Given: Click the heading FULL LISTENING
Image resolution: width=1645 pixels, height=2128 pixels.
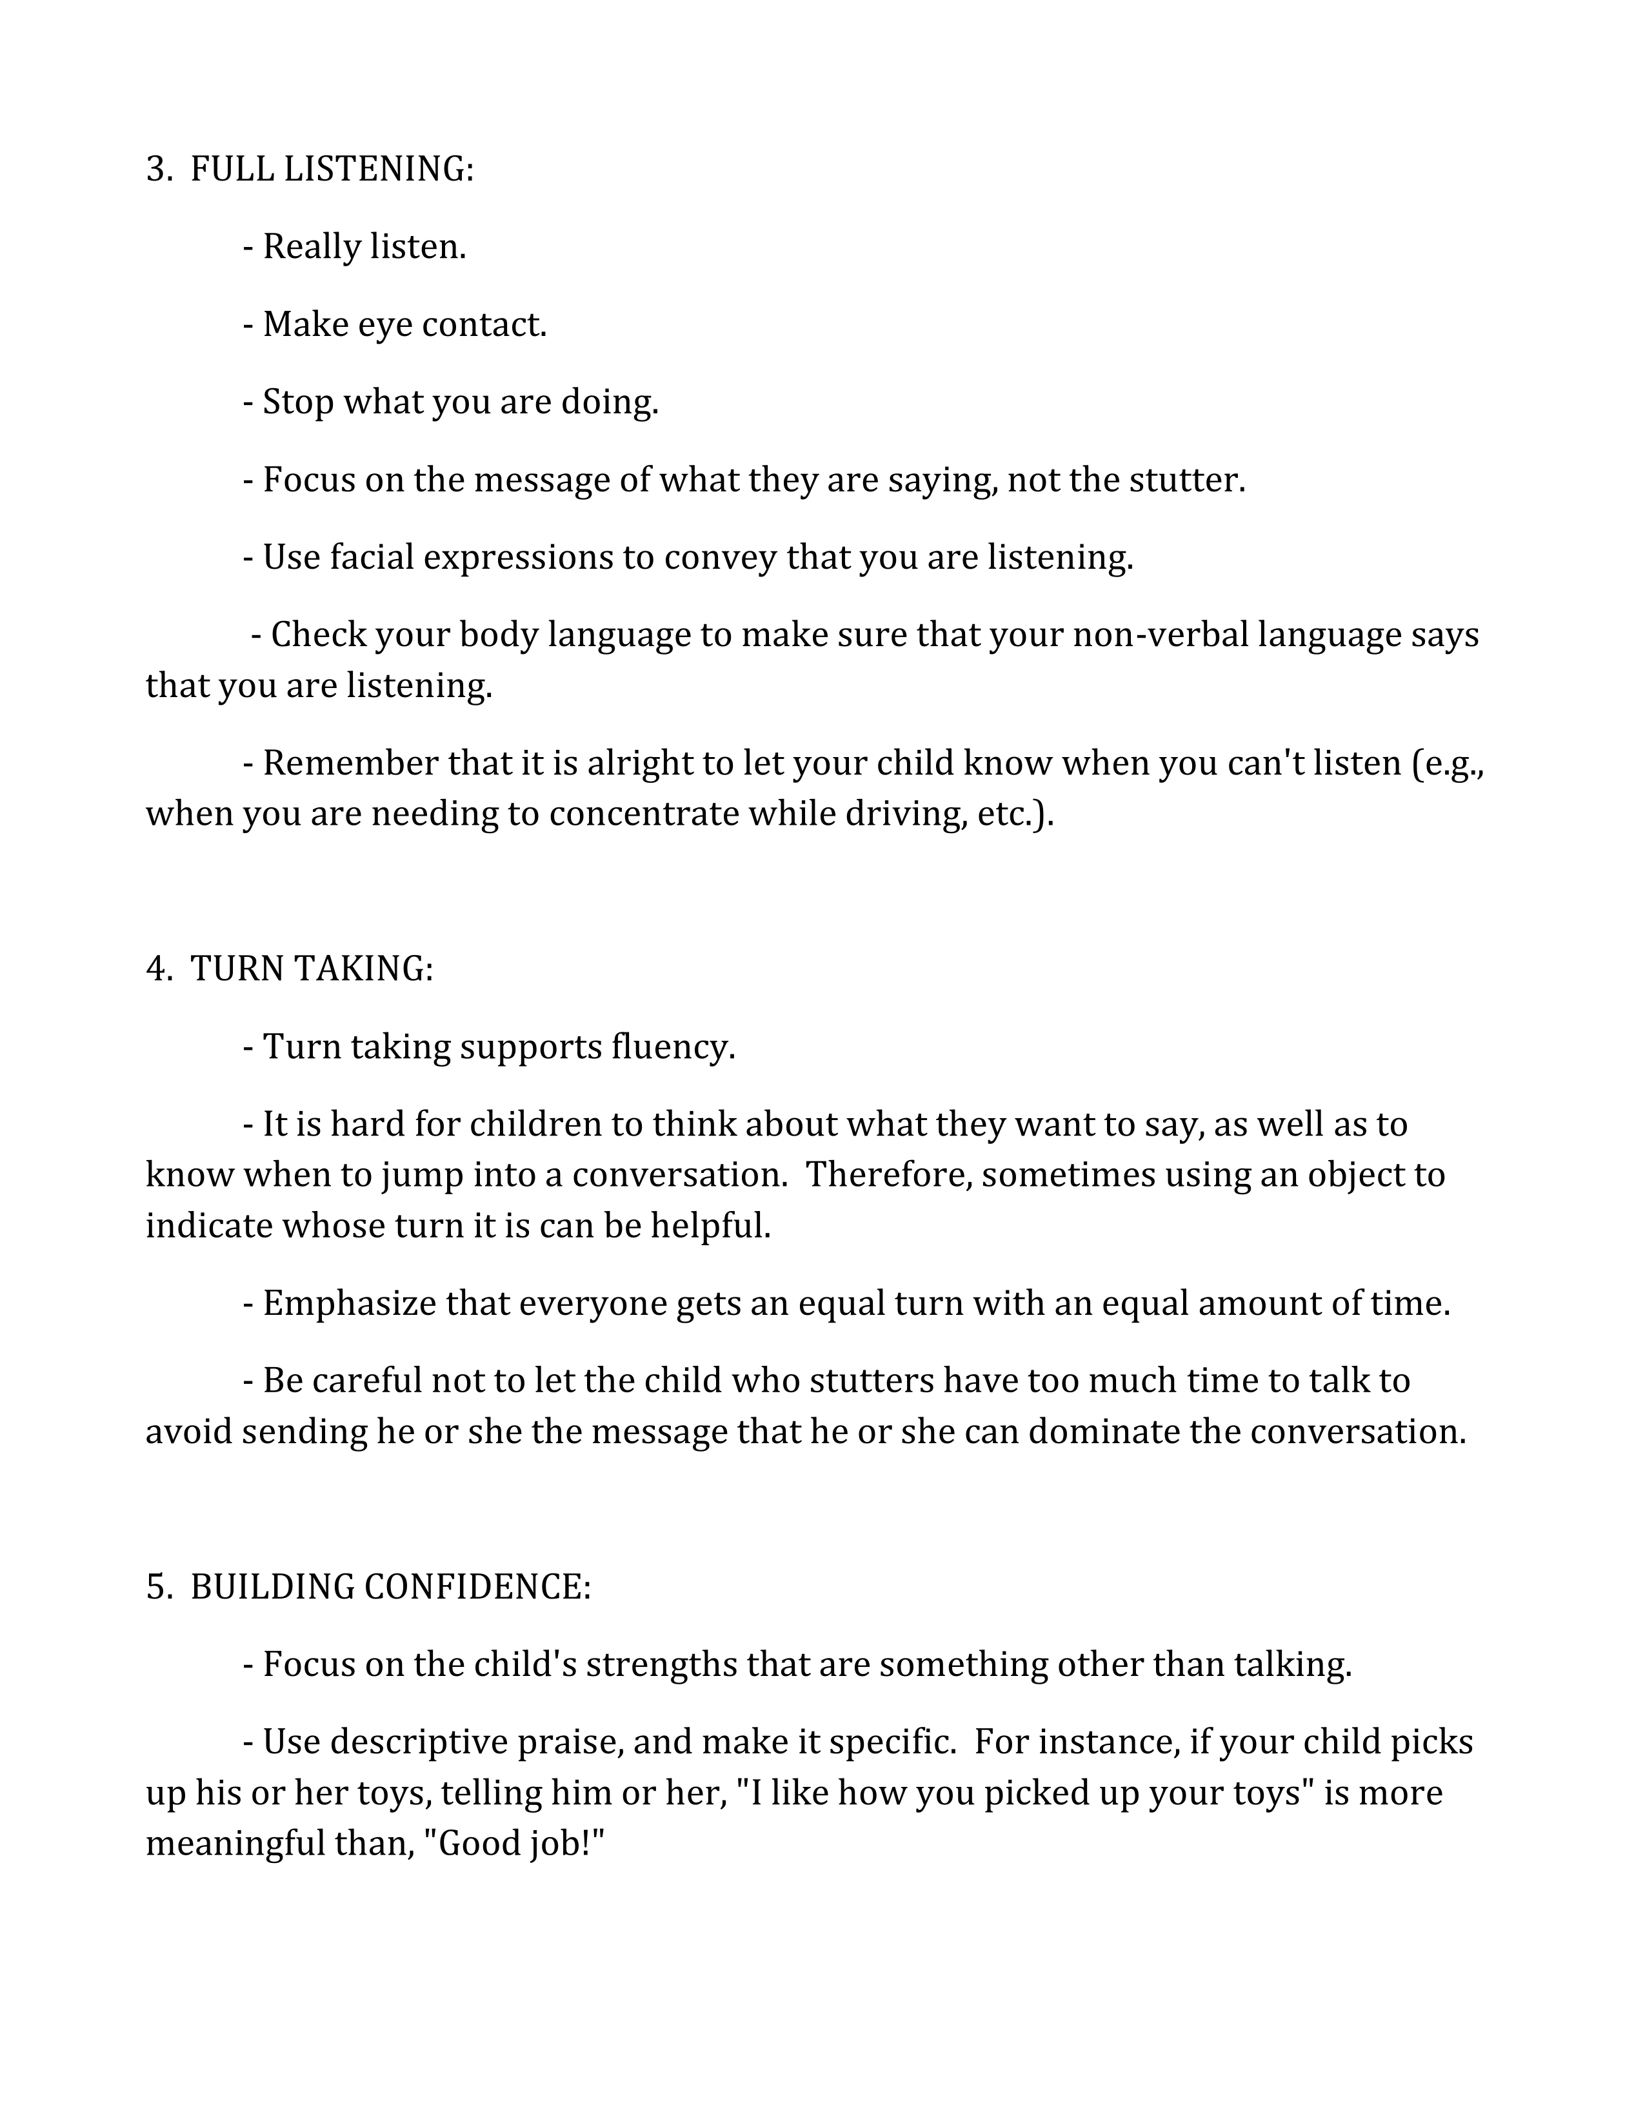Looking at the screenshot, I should click(x=332, y=170).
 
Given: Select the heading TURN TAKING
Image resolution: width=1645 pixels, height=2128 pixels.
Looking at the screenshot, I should click(x=311, y=969).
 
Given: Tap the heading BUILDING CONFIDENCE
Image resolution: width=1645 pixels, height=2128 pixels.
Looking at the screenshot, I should click(x=390, y=1586).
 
